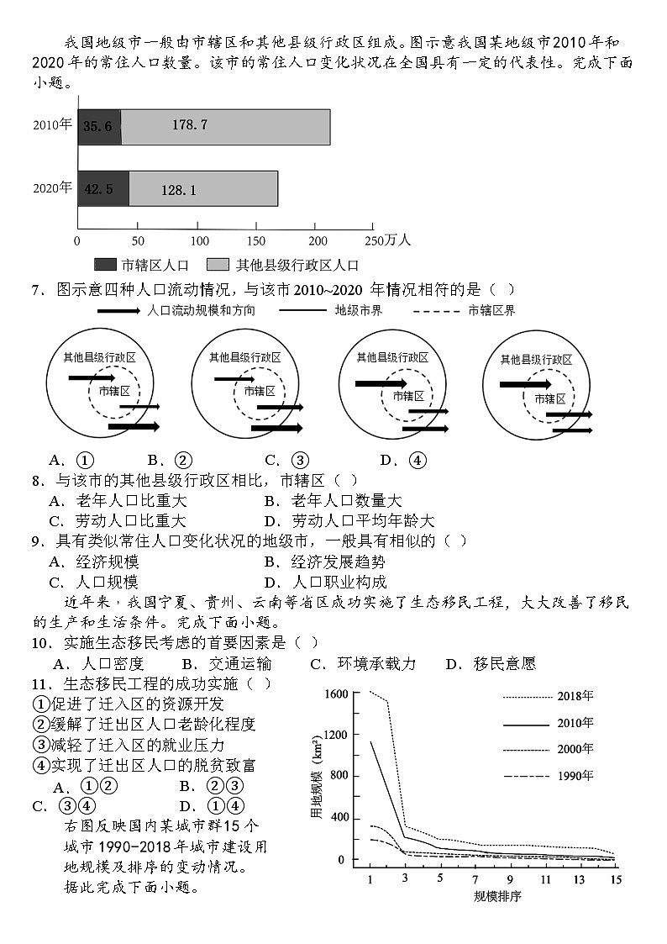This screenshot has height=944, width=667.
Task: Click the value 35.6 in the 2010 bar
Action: [x=98, y=126]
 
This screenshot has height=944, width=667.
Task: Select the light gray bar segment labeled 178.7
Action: [x=225, y=126]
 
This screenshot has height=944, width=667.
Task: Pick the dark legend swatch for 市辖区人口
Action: [x=105, y=265]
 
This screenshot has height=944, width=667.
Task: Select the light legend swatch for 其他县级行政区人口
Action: [x=218, y=265]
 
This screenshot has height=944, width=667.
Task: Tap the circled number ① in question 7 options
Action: [x=85, y=460]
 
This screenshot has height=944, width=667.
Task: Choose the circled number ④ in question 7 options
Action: [x=417, y=460]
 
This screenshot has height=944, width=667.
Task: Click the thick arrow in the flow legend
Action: [x=118, y=311]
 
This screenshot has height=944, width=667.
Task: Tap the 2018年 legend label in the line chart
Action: [x=575, y=696]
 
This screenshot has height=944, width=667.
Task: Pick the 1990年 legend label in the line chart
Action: [x=575, y=775]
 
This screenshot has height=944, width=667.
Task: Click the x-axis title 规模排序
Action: [x=496, y=896]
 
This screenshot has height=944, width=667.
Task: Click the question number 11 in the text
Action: [x=41, y=683]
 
